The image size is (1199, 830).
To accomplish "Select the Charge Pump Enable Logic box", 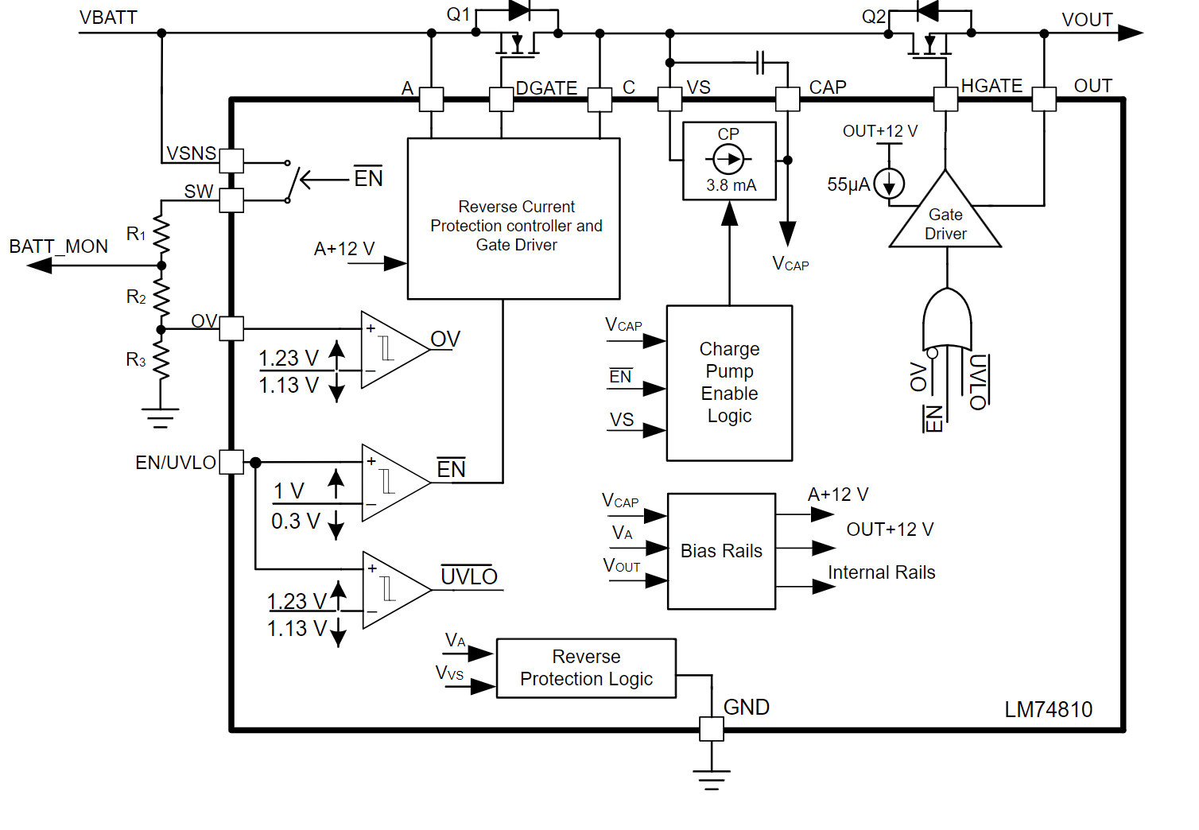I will click(729, 383).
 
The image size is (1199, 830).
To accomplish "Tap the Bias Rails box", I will click(721, 551).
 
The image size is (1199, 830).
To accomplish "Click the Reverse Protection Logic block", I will click(586, 668).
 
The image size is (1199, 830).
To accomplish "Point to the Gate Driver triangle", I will click(945, 219).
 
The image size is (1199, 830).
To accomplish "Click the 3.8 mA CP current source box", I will click(729, 161).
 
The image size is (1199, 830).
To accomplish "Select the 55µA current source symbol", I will click(889, 184).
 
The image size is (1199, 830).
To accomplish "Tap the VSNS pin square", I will click(231, 161).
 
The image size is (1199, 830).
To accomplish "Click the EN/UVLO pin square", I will click(231, 462).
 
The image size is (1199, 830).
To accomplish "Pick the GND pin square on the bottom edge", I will click(712, 729).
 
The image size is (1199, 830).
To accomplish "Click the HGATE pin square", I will click(945, 99).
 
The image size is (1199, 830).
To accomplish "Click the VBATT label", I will click(108, 17).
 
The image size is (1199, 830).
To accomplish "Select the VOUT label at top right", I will click(1087, 20).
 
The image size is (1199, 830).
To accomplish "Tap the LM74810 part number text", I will click(1048, 709).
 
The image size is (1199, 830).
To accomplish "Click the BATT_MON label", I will click(59, 246).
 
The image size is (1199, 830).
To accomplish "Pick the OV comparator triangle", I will click(391, 350).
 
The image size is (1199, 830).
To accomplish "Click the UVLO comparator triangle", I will click(393, 590).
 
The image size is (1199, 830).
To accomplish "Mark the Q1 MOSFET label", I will click(458, 14).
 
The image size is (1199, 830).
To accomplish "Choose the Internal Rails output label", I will click(881, 572).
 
